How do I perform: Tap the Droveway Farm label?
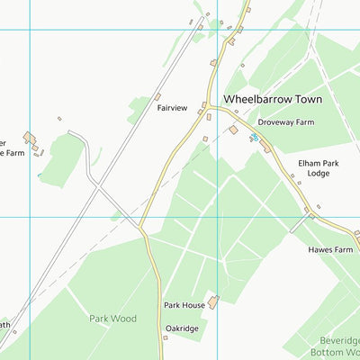(x=285, y=121)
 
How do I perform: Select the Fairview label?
(x=172, y=108)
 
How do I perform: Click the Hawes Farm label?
(x=330, y=249)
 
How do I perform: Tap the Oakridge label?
(x=181, y=329)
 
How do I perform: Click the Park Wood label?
(x=112, y=319)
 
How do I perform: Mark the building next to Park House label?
(x=213, y=302)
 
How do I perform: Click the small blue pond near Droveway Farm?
(x=255, y=137)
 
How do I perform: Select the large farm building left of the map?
(x=31, y=138)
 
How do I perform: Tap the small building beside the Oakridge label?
(x=167, y=338)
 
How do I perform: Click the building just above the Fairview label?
(x=157, y=96)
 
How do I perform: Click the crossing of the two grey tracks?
(x=95, y=188)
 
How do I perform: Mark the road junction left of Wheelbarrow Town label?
(x=208, y=106)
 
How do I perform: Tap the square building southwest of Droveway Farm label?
(x=233, y=130)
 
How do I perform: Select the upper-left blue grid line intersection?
(x=30, y=30)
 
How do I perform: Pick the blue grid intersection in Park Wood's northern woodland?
(x=217, y=217)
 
